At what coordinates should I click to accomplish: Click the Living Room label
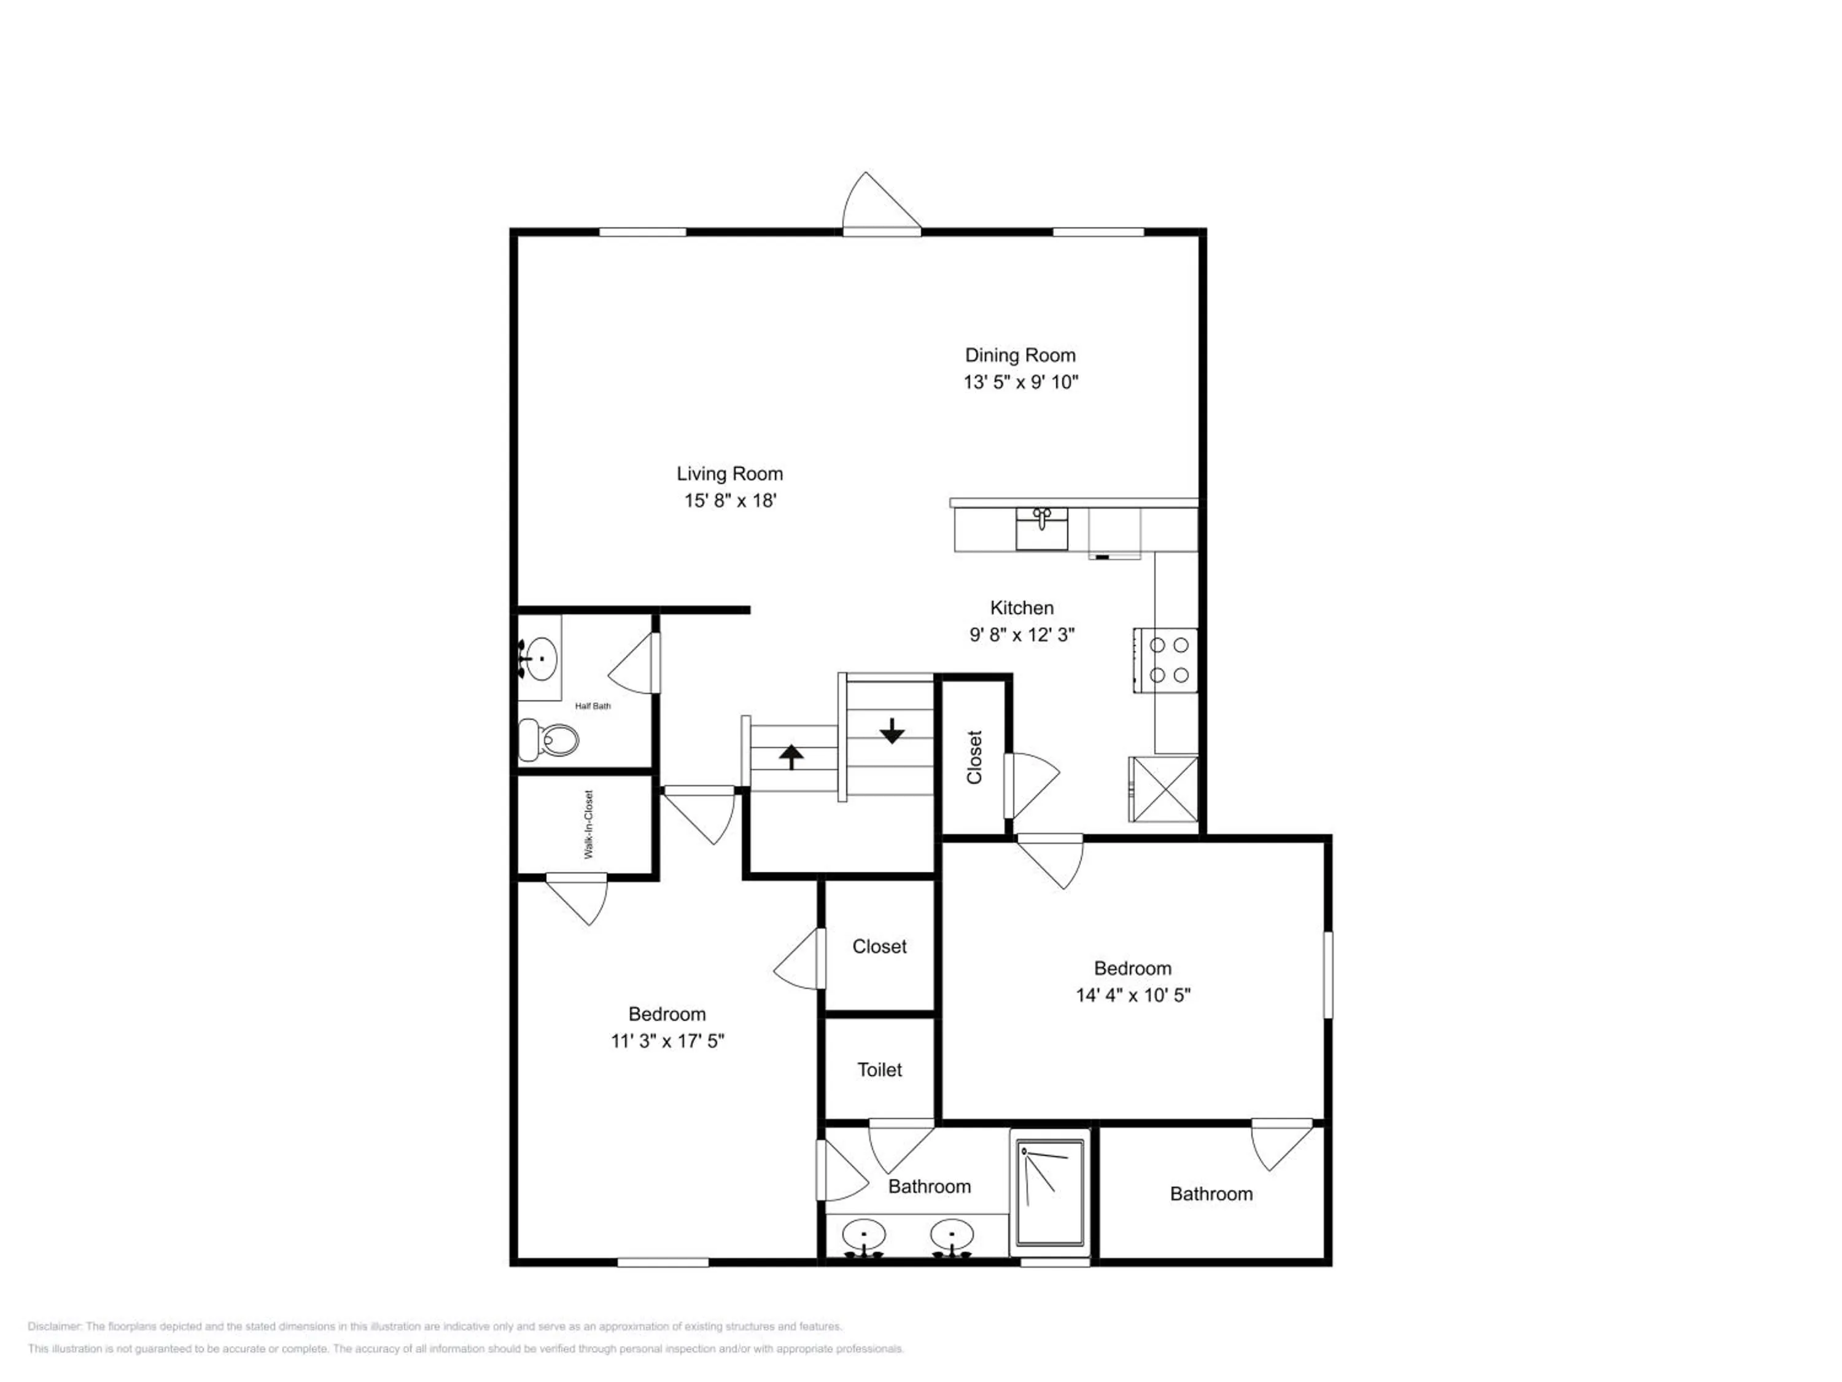point(729,474)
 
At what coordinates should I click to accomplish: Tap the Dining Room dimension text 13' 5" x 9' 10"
point(1021,383)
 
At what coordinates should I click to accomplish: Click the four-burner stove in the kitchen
point(1165,660)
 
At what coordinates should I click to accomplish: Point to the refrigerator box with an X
point(1164,788)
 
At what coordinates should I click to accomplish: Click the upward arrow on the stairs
point(791,756)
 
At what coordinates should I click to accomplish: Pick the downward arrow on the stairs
point(892,730)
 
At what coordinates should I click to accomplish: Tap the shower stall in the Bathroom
point(1050,1193)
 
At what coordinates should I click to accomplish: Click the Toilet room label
point(879,1069)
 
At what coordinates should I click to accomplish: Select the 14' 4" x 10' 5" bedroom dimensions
point(1132,994)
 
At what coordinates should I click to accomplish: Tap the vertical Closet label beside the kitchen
point(974,757)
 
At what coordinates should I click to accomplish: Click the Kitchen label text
point(1022,608)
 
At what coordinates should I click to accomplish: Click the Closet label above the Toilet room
point(879,947)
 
